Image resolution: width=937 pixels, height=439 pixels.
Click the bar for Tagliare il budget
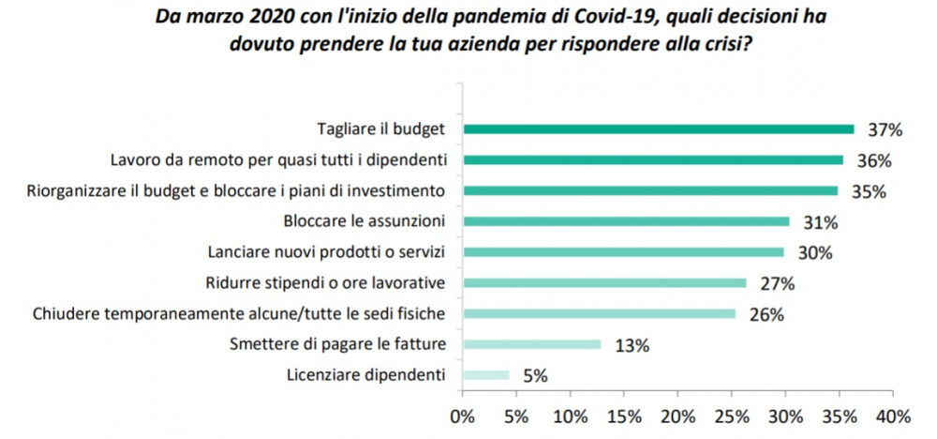pyautogui.click(x=659, y=129)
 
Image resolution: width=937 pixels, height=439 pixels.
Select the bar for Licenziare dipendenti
pyautogui.click(x=485, y=375)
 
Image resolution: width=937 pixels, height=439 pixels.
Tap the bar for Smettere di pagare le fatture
pyautogui.click(x=531, y=344)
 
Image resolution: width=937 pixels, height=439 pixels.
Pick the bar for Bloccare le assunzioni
pyautogui.click(x=626, y=221)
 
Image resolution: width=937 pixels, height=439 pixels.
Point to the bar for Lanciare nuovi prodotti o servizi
pyautogui.click(x=623, y=252)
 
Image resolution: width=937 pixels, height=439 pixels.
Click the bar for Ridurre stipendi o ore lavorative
pyautogui.click(x=604, y=282)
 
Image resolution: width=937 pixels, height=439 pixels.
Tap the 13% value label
pyautogui.click(x=632, y=345)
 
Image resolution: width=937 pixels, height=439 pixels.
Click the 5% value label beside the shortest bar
pyautogui.click(x=534, y=376)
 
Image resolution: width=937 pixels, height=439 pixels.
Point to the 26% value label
pyautogui.click(x=767, y=314)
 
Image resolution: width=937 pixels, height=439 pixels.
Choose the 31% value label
pyautogui.click(x=822, y=222)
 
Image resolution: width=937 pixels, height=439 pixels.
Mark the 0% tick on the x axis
pyautogui.click(x=463, y=416)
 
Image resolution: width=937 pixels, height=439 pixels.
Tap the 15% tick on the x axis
pyautogui.click(x=624, y=416)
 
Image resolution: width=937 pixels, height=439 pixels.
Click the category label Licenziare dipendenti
pyautogui.click(x=365, y=375)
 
